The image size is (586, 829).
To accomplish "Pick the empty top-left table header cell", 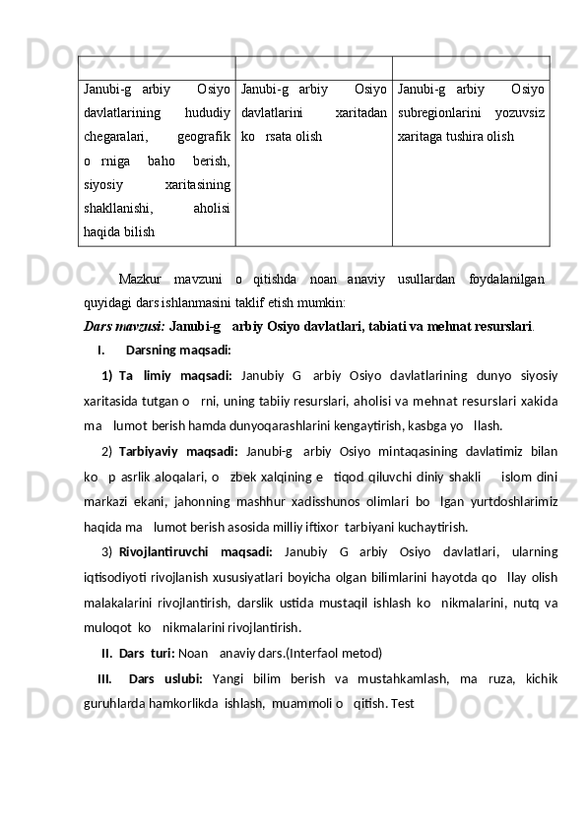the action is point(157,67).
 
